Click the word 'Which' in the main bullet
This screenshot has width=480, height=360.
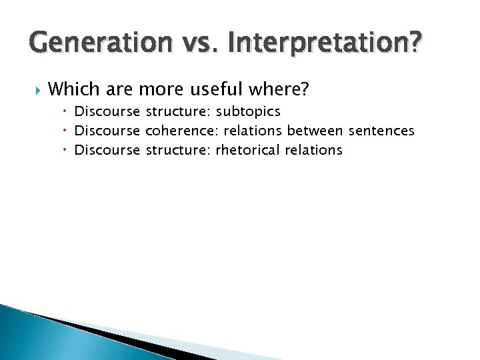(x=73, y=88)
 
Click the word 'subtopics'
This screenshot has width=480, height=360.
(x=248, y=111)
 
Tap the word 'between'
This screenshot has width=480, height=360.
(x=313, y=130)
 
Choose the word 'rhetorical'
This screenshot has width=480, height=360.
(x=248, y=149)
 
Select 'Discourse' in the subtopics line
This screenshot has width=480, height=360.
(x=107, y=111)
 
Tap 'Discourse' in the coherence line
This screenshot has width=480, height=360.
(x=107, y=130)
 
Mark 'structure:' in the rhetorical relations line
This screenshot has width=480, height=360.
(x=177, y=149)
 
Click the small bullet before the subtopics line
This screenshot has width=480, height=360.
(x=67, y=111)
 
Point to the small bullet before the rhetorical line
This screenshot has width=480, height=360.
(x=67, y=149)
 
